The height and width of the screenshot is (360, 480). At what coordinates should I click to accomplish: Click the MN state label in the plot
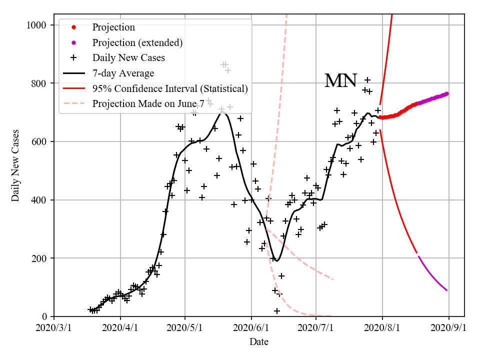pyautogui.click(x=340, y=81)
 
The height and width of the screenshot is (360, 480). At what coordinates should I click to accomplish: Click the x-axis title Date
pyautogui.click(x=259, y=342)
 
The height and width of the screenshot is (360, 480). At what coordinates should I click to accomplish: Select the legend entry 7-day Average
pyautogui.click(x=123, y=73)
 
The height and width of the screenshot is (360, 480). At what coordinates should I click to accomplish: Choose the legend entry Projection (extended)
pyautogui.click(x=137, y=42)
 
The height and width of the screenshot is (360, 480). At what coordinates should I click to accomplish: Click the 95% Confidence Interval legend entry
pyautogui.click(x=170, y=89)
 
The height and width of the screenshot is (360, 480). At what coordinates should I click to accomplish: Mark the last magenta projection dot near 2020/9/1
pyautogui.click(x=446, y=93)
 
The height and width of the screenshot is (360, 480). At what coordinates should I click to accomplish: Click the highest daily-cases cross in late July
pyautogui.click(x=367, y=80)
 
